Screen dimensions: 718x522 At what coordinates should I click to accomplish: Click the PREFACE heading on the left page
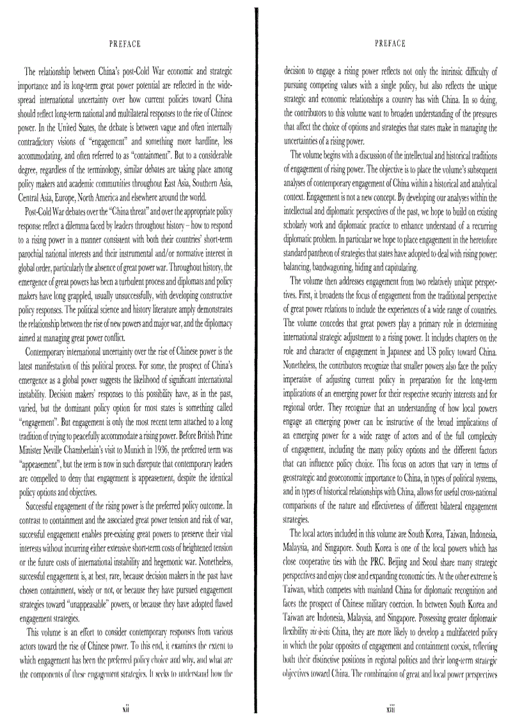125,44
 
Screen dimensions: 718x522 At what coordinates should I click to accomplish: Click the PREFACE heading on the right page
390,44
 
